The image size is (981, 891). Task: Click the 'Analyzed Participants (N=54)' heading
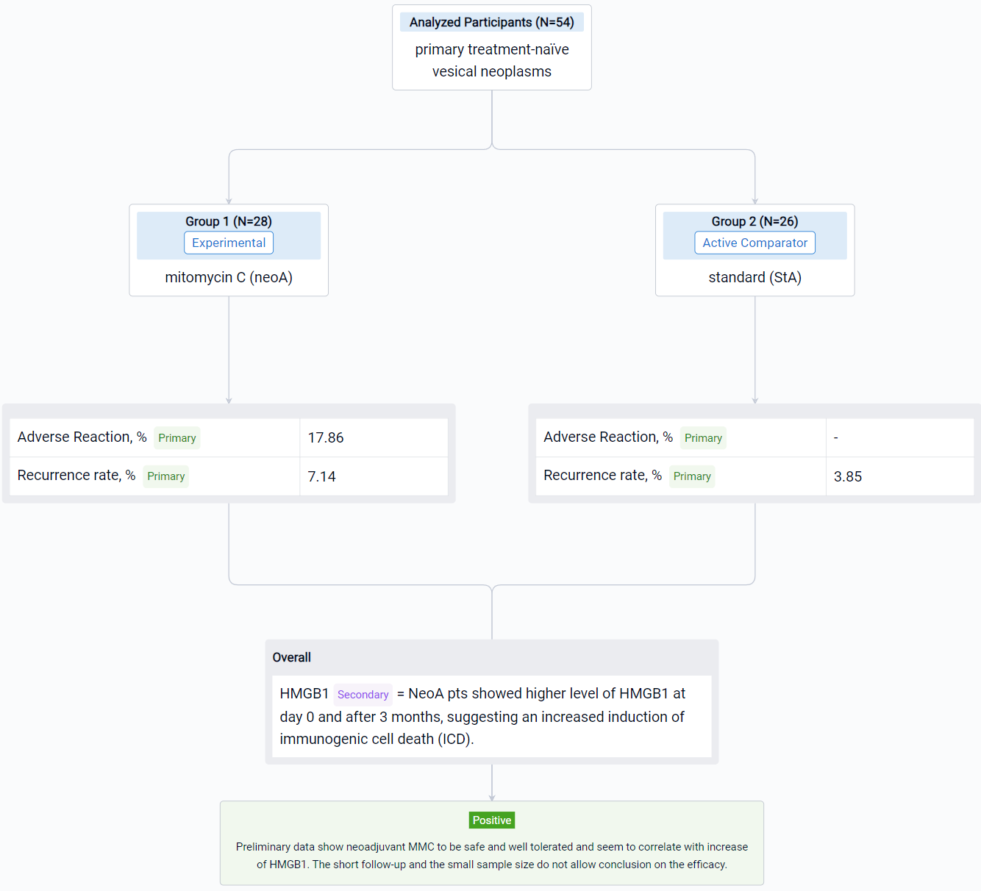(491, 23)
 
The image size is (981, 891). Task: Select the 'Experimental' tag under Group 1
(229, 243)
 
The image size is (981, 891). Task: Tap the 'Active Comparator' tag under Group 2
(755, 243)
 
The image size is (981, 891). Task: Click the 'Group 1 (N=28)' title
(229, 221)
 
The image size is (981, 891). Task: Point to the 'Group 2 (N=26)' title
(755, 221)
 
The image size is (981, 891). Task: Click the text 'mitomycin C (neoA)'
(229, 277)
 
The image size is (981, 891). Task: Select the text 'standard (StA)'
(755, 277)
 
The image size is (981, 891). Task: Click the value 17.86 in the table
(325, 437)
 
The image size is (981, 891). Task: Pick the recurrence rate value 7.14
(321, 476)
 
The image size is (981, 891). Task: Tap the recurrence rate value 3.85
(847, 476)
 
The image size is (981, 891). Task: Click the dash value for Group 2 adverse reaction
(835, 437)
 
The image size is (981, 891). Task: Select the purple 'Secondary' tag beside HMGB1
(363, 695)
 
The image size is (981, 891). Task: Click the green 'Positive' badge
(491, 820)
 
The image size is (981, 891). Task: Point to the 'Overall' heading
(291, 657)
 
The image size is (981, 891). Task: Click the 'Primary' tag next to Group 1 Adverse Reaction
(177, 437)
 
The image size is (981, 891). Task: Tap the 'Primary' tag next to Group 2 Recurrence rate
(692, 476)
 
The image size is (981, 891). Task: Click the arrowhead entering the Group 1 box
(229, 201)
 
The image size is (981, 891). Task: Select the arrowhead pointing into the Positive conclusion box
(491, 798)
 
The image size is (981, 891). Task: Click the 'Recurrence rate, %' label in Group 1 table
(76, 476)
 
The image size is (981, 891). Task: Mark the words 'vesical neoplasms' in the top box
(491, 71)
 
